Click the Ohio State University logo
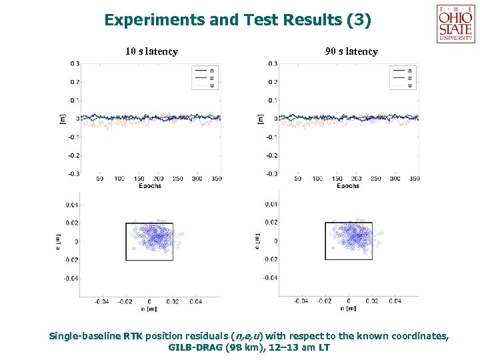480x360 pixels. point(456,24)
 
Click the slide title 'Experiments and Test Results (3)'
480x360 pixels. point(237,20)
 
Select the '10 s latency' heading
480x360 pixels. point(151,51)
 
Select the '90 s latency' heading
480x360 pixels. point(351,51)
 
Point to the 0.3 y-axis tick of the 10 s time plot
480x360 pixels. point(75,64)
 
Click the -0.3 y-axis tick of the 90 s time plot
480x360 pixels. point(271,173)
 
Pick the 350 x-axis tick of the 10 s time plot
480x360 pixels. point(215,179)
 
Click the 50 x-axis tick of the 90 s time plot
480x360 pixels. point(297,179)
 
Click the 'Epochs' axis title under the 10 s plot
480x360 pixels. point(150,186)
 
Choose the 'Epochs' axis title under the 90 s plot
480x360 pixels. point(348,186)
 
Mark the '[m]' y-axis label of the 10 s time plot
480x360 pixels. point(62,118)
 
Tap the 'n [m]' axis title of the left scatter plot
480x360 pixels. point(149,309)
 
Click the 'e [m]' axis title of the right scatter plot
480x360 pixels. point(258,241)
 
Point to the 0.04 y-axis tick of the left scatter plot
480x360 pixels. point(71,205)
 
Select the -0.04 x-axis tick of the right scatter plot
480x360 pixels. point(301,301)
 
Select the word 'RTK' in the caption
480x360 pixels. point(132,336)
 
